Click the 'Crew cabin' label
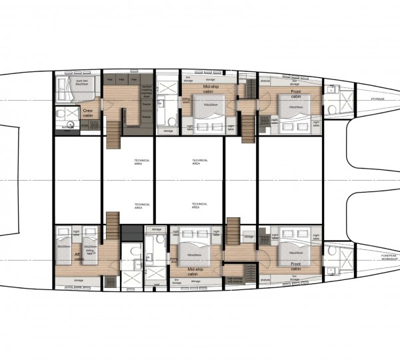coord(89,113)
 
